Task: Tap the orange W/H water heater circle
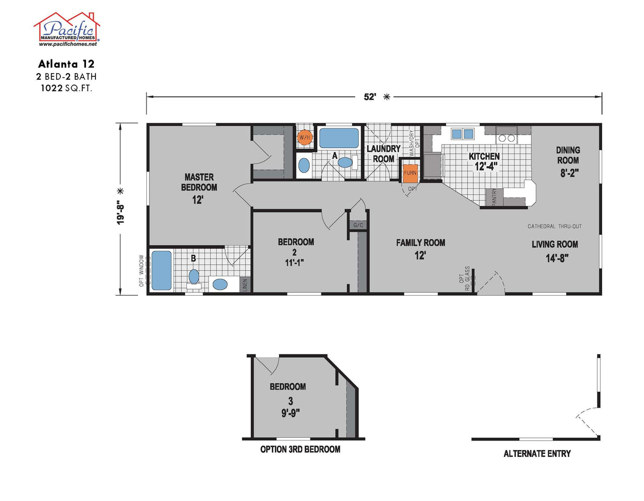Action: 304,138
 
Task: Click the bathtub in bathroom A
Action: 338,138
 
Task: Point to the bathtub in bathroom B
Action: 162,271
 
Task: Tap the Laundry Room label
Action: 384,154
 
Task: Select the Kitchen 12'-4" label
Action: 484,161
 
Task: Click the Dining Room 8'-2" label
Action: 568,160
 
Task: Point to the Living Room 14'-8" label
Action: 555,249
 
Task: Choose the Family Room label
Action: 420,248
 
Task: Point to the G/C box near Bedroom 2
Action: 358,226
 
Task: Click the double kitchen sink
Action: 461,134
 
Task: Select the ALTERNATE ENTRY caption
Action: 537,454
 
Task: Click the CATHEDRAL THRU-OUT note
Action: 554,227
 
